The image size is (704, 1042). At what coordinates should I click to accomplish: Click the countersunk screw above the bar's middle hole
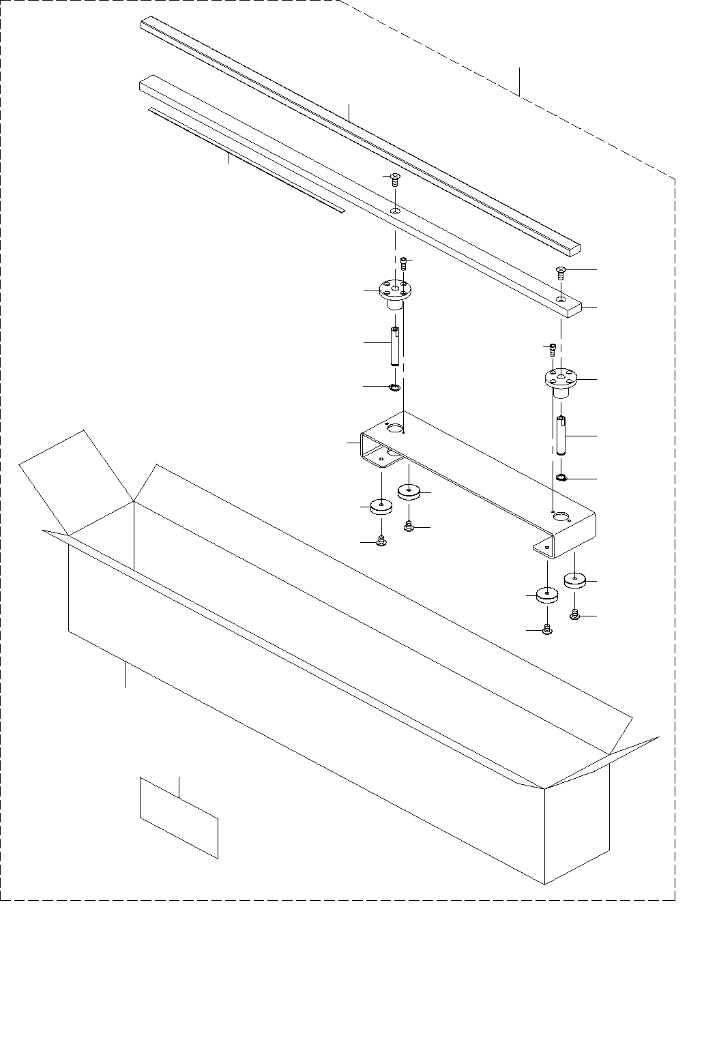395,179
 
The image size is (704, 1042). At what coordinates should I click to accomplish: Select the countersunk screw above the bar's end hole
560,273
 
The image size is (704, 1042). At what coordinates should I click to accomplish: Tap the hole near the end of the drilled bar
560,299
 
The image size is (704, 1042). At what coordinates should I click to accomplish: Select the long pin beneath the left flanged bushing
394,346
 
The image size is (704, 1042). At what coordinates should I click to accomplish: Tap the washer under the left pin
394,388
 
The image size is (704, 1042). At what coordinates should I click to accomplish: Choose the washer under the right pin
561,477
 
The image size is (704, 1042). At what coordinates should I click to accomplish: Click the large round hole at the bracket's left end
394,428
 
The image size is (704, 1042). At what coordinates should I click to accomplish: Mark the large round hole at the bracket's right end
561,517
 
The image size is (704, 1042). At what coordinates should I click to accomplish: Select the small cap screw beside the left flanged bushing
404,263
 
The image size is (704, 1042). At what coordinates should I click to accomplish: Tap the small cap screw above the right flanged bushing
553,350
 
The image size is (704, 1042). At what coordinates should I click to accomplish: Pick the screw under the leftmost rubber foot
381,542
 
